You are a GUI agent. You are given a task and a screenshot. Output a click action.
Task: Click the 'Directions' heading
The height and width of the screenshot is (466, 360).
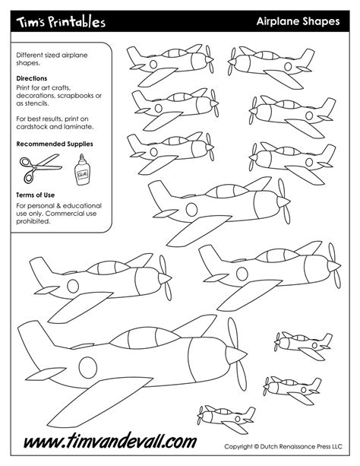pyautogui.click(x=32, y=78)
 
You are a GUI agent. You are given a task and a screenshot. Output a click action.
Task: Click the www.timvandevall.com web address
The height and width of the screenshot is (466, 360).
pyautogui.click(x=109, y=442)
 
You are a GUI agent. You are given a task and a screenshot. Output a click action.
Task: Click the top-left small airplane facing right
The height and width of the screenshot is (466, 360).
pyautogui.click(x=169, y=60)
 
